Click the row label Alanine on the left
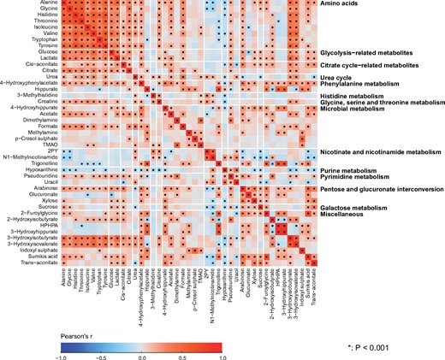click(x=44, y=3)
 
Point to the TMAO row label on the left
click(x=48, y=145)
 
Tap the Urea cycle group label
click(x=338, y=75)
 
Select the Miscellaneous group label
click(x=344, y=215)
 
